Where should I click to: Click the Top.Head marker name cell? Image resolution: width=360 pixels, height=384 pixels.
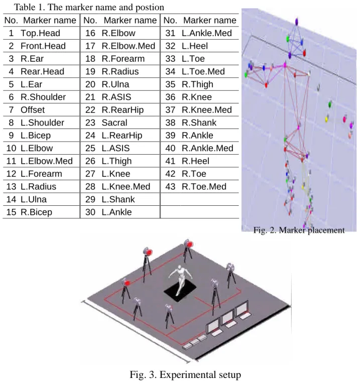(40, 33)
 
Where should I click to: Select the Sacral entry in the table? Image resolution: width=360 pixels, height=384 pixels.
(114, 122)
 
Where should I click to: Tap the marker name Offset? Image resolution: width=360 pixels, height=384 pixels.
(33, 110)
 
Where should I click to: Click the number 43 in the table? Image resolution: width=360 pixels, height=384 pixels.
(170, 187)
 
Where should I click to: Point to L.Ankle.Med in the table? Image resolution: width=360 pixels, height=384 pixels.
(207, 33)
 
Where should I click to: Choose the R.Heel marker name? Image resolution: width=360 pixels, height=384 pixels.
(195, 161)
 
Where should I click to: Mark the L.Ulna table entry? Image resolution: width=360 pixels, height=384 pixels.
(34, 199)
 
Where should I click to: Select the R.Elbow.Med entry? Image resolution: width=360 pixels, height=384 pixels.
(129, 46)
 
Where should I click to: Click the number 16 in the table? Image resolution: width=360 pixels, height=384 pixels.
(90, 33)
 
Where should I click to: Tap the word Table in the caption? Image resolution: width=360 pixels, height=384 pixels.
(25, 7)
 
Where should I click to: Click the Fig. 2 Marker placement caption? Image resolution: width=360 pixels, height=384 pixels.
(299, 230)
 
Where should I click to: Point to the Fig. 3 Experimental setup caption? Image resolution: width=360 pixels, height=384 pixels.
(185, 374)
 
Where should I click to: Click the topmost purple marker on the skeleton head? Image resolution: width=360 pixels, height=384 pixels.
(297, 22)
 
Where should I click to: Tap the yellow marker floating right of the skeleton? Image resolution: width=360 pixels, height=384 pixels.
(326, 119)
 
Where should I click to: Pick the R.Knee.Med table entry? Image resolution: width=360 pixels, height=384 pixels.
(207, 110)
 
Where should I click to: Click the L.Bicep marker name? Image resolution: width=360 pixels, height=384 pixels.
(36, 136)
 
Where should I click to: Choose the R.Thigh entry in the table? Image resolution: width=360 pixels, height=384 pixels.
(197, 84)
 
